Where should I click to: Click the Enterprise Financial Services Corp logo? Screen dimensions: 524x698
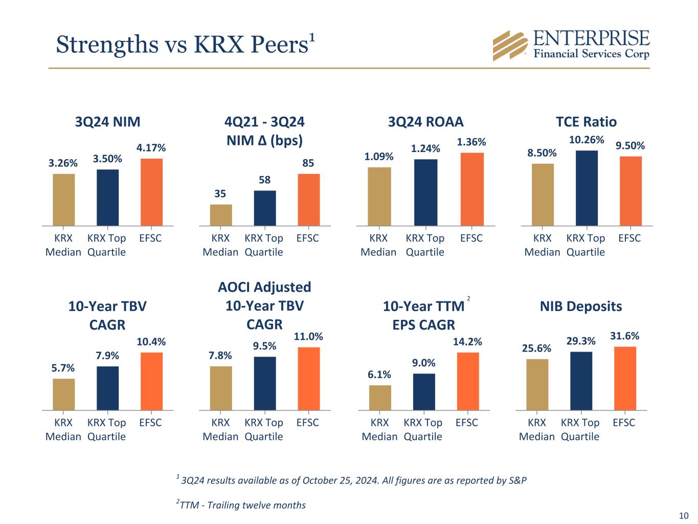coord(571,45)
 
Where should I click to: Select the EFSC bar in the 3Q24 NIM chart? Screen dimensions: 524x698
coord(151,192)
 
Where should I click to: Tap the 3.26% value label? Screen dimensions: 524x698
coord(63,163)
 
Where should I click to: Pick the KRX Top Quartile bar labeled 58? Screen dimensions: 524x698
coord(265,208)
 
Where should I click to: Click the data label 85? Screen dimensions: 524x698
coord(308,163)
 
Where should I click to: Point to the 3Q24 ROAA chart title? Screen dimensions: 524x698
coord(425,122)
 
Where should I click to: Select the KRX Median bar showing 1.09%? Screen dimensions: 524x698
coord(379,196)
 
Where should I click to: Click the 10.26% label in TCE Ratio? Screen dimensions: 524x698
coord(586,140)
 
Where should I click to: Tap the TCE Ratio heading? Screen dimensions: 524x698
coord(586,122)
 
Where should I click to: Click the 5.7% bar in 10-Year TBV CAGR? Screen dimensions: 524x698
coord(63,394)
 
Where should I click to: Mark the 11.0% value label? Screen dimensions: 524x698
coord(308,337)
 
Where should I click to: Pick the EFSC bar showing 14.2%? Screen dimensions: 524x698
coord(468,381)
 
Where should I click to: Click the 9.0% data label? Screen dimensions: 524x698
coord(424,363)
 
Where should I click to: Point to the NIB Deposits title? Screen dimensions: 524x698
coord(581,307)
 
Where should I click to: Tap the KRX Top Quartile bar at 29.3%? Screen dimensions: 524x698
coord(581,381)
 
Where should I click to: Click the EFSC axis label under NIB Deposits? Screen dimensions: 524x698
coord(624,423)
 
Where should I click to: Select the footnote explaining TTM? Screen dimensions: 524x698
coord(241,506)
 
